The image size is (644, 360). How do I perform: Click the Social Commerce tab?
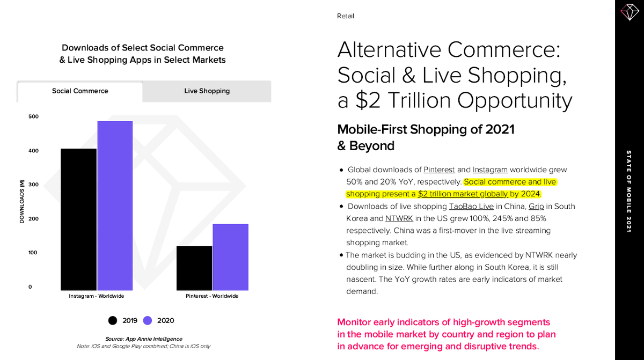coord(80,91)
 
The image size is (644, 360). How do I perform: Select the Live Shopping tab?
coord(207,91)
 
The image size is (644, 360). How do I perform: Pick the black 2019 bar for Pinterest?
coord(194,268)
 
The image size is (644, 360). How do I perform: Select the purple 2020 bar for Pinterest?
coord(230,257)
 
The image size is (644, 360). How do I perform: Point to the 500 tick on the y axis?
coord(34,116)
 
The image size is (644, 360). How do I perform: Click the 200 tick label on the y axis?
coord(34,219)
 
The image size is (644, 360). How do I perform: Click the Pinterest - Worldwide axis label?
coord(213,296)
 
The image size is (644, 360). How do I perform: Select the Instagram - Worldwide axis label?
coord(97,296)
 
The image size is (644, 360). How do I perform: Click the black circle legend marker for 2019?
coord(113,321)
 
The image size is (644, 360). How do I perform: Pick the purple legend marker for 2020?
coord(148,321)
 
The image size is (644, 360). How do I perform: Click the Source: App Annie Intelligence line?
coord(143,339)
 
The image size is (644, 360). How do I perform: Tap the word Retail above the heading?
coord(345,16)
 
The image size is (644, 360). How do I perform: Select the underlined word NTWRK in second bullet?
coord(399,219)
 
